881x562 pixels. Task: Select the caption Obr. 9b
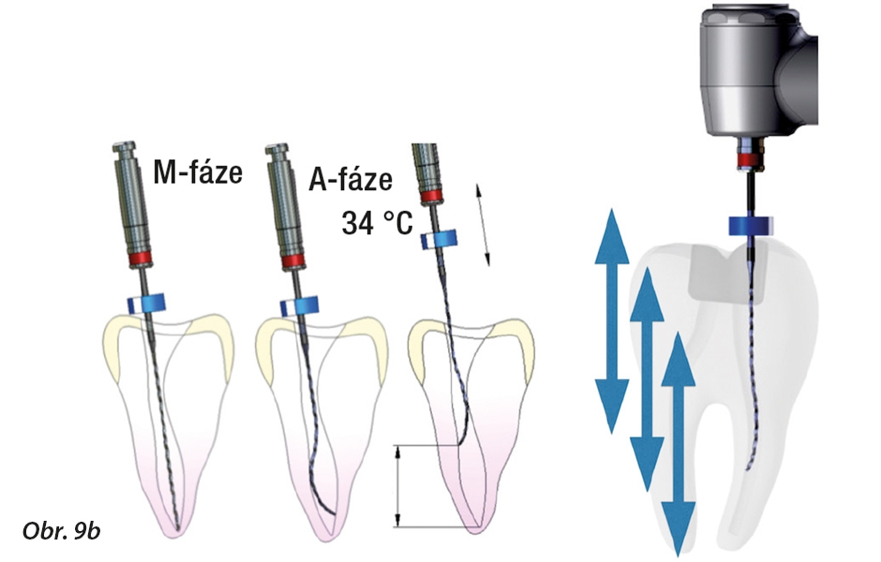click(x=61, y=531)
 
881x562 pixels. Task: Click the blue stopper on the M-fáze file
click(x=145, y=302)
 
